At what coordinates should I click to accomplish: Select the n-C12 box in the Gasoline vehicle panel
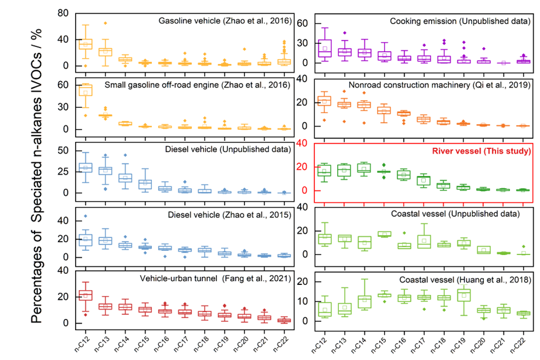(86, 44)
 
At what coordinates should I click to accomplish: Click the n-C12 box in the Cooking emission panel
(324, 48)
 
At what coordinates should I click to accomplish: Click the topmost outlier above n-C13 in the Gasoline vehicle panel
(106, 23)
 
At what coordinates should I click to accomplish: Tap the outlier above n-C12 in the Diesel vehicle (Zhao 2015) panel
(86, 216)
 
